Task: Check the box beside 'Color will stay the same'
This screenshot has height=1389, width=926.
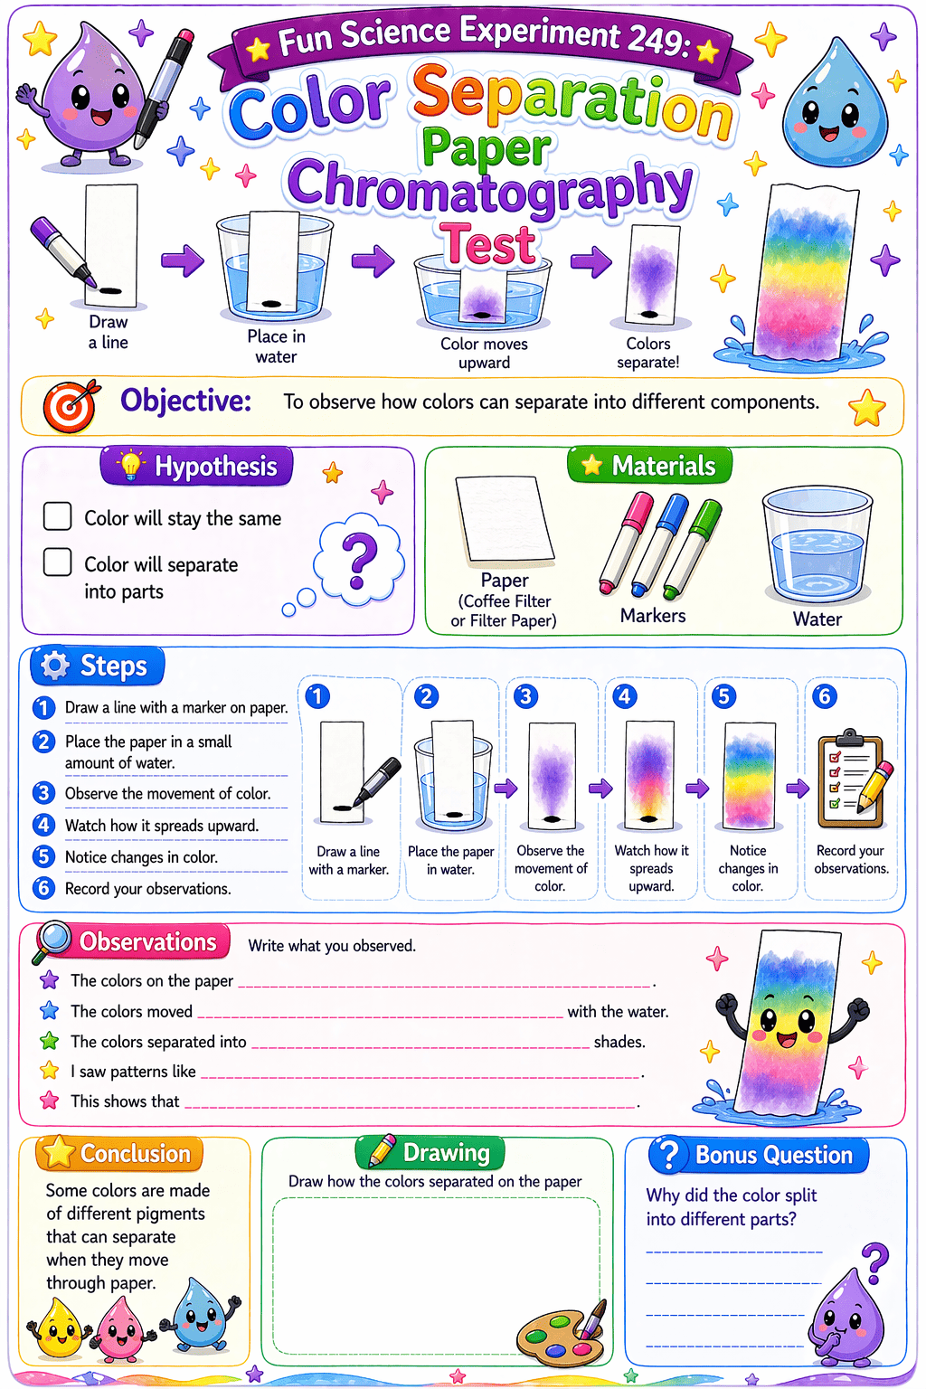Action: pos(57,516)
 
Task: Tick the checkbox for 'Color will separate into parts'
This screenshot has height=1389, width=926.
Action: pos(57,562)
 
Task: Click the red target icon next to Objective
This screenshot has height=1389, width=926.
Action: pos(71,406)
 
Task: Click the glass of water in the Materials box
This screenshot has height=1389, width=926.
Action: pos(817,543)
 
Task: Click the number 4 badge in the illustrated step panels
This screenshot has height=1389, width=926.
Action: pos(624,696)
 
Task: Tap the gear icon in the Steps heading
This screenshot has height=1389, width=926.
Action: pos(55,666)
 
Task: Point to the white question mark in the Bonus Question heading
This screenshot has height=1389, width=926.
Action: pos(668,1155)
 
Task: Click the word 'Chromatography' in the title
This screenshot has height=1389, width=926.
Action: pos(489,186)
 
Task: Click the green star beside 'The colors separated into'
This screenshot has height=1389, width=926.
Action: pos(49,1041)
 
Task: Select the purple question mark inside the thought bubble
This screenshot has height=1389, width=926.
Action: pos(359,560)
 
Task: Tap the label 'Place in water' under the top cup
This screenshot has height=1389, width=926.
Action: pos(276,346)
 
